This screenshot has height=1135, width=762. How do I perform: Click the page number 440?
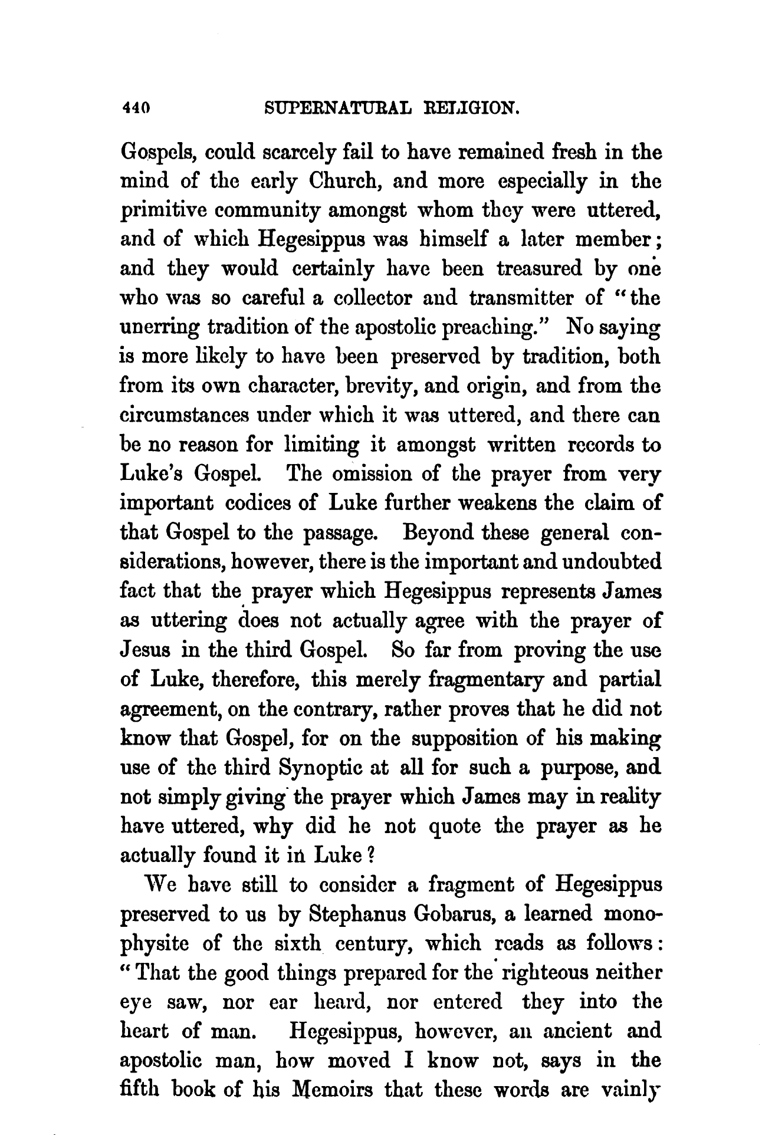point(136,108)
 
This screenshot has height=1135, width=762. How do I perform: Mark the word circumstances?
point(184,416)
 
